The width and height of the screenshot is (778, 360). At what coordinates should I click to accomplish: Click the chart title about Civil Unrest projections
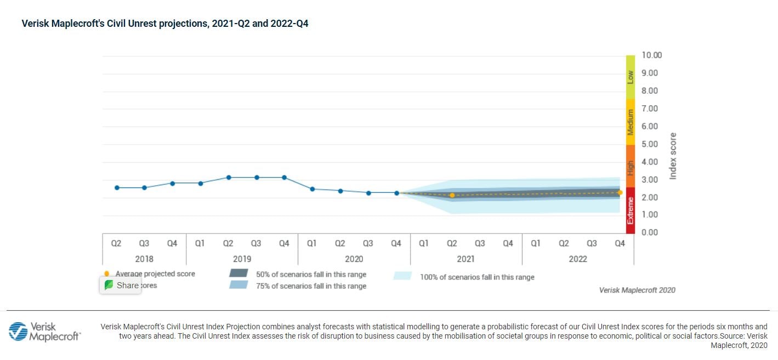[164, 24]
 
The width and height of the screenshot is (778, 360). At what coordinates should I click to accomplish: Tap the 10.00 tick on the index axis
[651, 55]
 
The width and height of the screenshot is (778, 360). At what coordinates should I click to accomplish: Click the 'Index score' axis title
[673, 156]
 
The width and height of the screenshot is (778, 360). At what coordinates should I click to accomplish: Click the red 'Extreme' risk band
[631, 210]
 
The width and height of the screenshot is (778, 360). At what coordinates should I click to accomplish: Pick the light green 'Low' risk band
[631, 77]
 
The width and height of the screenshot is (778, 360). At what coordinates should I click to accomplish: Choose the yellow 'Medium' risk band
[631, 122]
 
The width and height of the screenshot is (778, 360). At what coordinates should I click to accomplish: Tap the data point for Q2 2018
[116, 187]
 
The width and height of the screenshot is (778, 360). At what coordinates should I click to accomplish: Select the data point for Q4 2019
[284, 178]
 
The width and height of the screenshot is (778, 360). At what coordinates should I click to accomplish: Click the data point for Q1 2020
[312, 189]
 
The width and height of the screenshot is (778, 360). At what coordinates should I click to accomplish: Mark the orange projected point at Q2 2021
[452, 196]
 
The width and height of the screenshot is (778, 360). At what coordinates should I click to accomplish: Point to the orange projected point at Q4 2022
[620, 192]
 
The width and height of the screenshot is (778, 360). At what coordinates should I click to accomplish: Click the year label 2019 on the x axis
[242, 259]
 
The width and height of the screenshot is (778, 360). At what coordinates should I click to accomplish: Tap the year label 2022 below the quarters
[577, 259]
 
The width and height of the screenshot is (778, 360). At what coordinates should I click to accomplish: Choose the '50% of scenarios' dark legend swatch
[239, 273]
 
